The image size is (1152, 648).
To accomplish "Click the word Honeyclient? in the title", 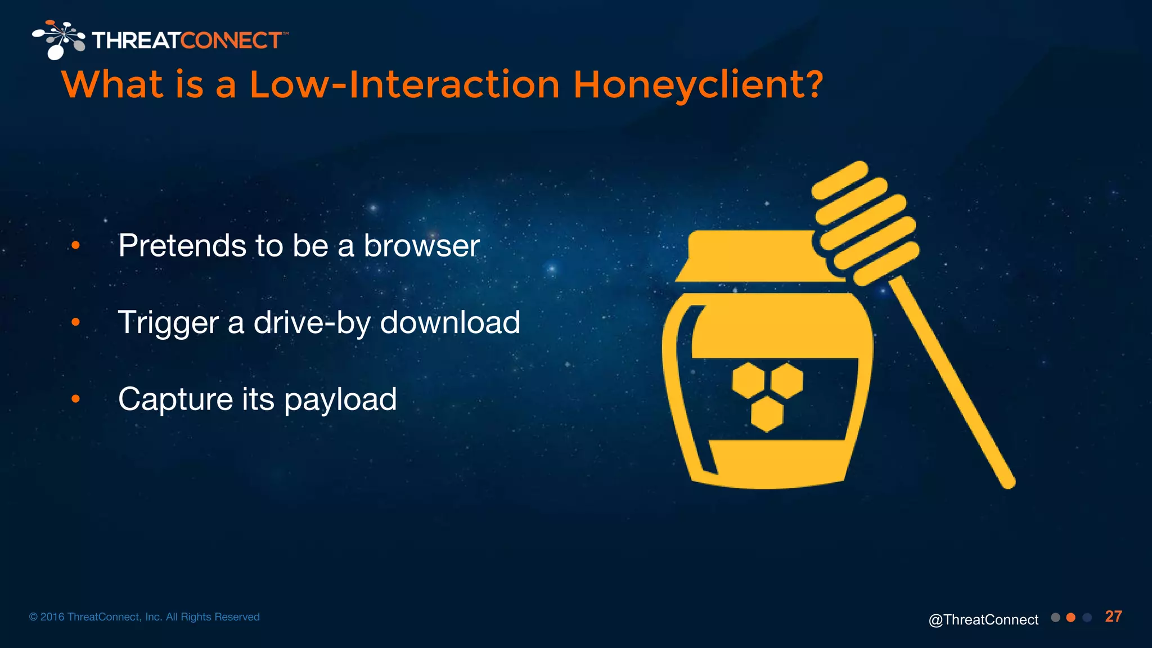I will click(x=697, y=85).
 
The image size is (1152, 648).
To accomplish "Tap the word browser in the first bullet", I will click(x=421, y=246).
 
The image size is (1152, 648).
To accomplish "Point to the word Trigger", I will click(x=168, y=323).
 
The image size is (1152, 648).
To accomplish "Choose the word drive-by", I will click(x=312, y=323).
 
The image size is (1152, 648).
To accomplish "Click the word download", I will click(x=450, y=322).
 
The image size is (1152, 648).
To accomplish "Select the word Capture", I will click(x=175, y=399).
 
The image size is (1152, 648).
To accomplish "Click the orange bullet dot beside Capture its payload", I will click(x=76, y=399).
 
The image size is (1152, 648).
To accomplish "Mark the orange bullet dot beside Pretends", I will click(x=76, y=245).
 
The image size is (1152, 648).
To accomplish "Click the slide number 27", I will click(x=1113, y=616).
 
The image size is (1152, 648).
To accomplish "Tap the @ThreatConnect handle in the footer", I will click(x=983, y=620).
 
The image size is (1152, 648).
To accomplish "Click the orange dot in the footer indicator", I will click(x=1071, y=618).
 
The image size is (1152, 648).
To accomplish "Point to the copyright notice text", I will click(x=145, y=617).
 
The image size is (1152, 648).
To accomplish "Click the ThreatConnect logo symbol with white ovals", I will click(x=59, y=39).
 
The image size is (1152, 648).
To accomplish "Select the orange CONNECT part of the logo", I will click(x=231, y=40).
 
